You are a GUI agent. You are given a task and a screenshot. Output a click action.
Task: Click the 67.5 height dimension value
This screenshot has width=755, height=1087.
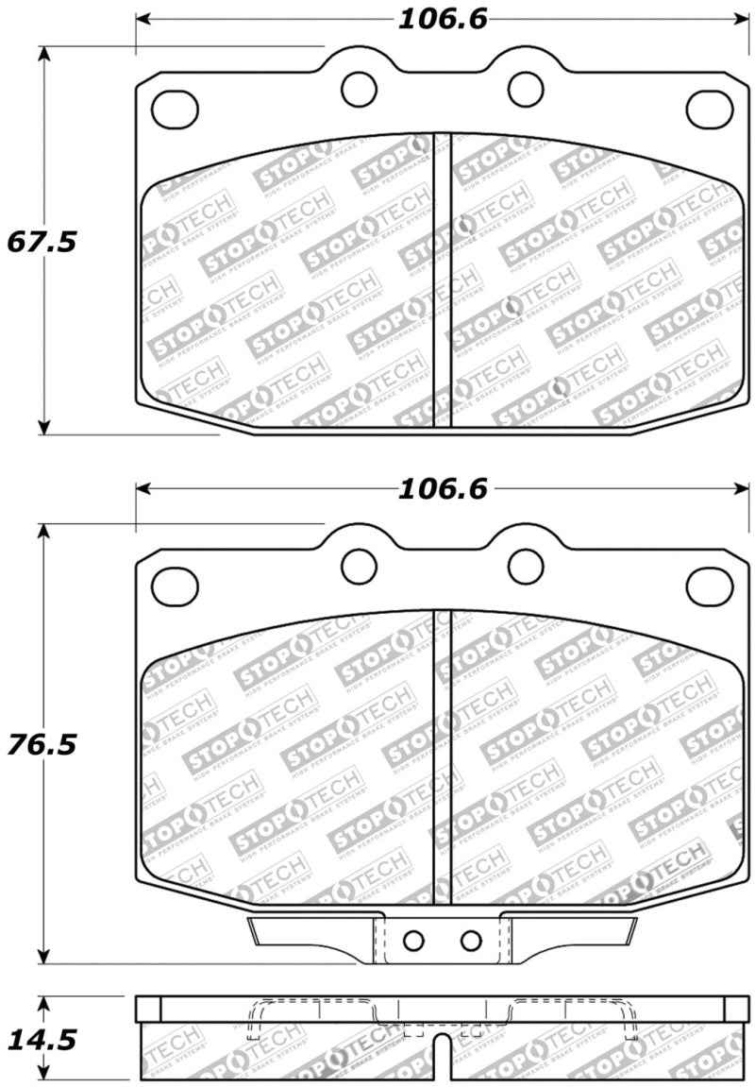(x=42, y=242)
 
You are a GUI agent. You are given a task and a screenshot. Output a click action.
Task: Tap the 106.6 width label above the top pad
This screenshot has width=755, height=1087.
(x=442, y=19)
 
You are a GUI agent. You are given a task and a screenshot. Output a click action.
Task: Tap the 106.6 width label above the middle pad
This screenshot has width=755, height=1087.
(x=442, y=488)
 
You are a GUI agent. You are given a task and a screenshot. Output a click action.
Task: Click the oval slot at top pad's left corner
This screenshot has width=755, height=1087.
(x=170, y=107)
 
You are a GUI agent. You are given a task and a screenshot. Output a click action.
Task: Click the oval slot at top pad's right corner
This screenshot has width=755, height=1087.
(x=710, y=109)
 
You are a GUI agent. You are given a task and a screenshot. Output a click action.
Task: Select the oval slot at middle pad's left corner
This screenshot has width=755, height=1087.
(x=170, y=582)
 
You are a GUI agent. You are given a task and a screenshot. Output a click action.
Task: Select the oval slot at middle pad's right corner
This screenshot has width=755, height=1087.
(x=710, y=584)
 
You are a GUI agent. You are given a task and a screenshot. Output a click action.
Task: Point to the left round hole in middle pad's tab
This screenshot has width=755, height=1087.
(x=359, y=565)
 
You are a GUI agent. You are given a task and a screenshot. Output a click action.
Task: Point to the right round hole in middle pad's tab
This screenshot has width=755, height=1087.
(x=525, y=565)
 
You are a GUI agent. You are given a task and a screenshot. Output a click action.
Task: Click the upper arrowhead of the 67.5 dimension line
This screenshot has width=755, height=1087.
(x=42, y=55)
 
